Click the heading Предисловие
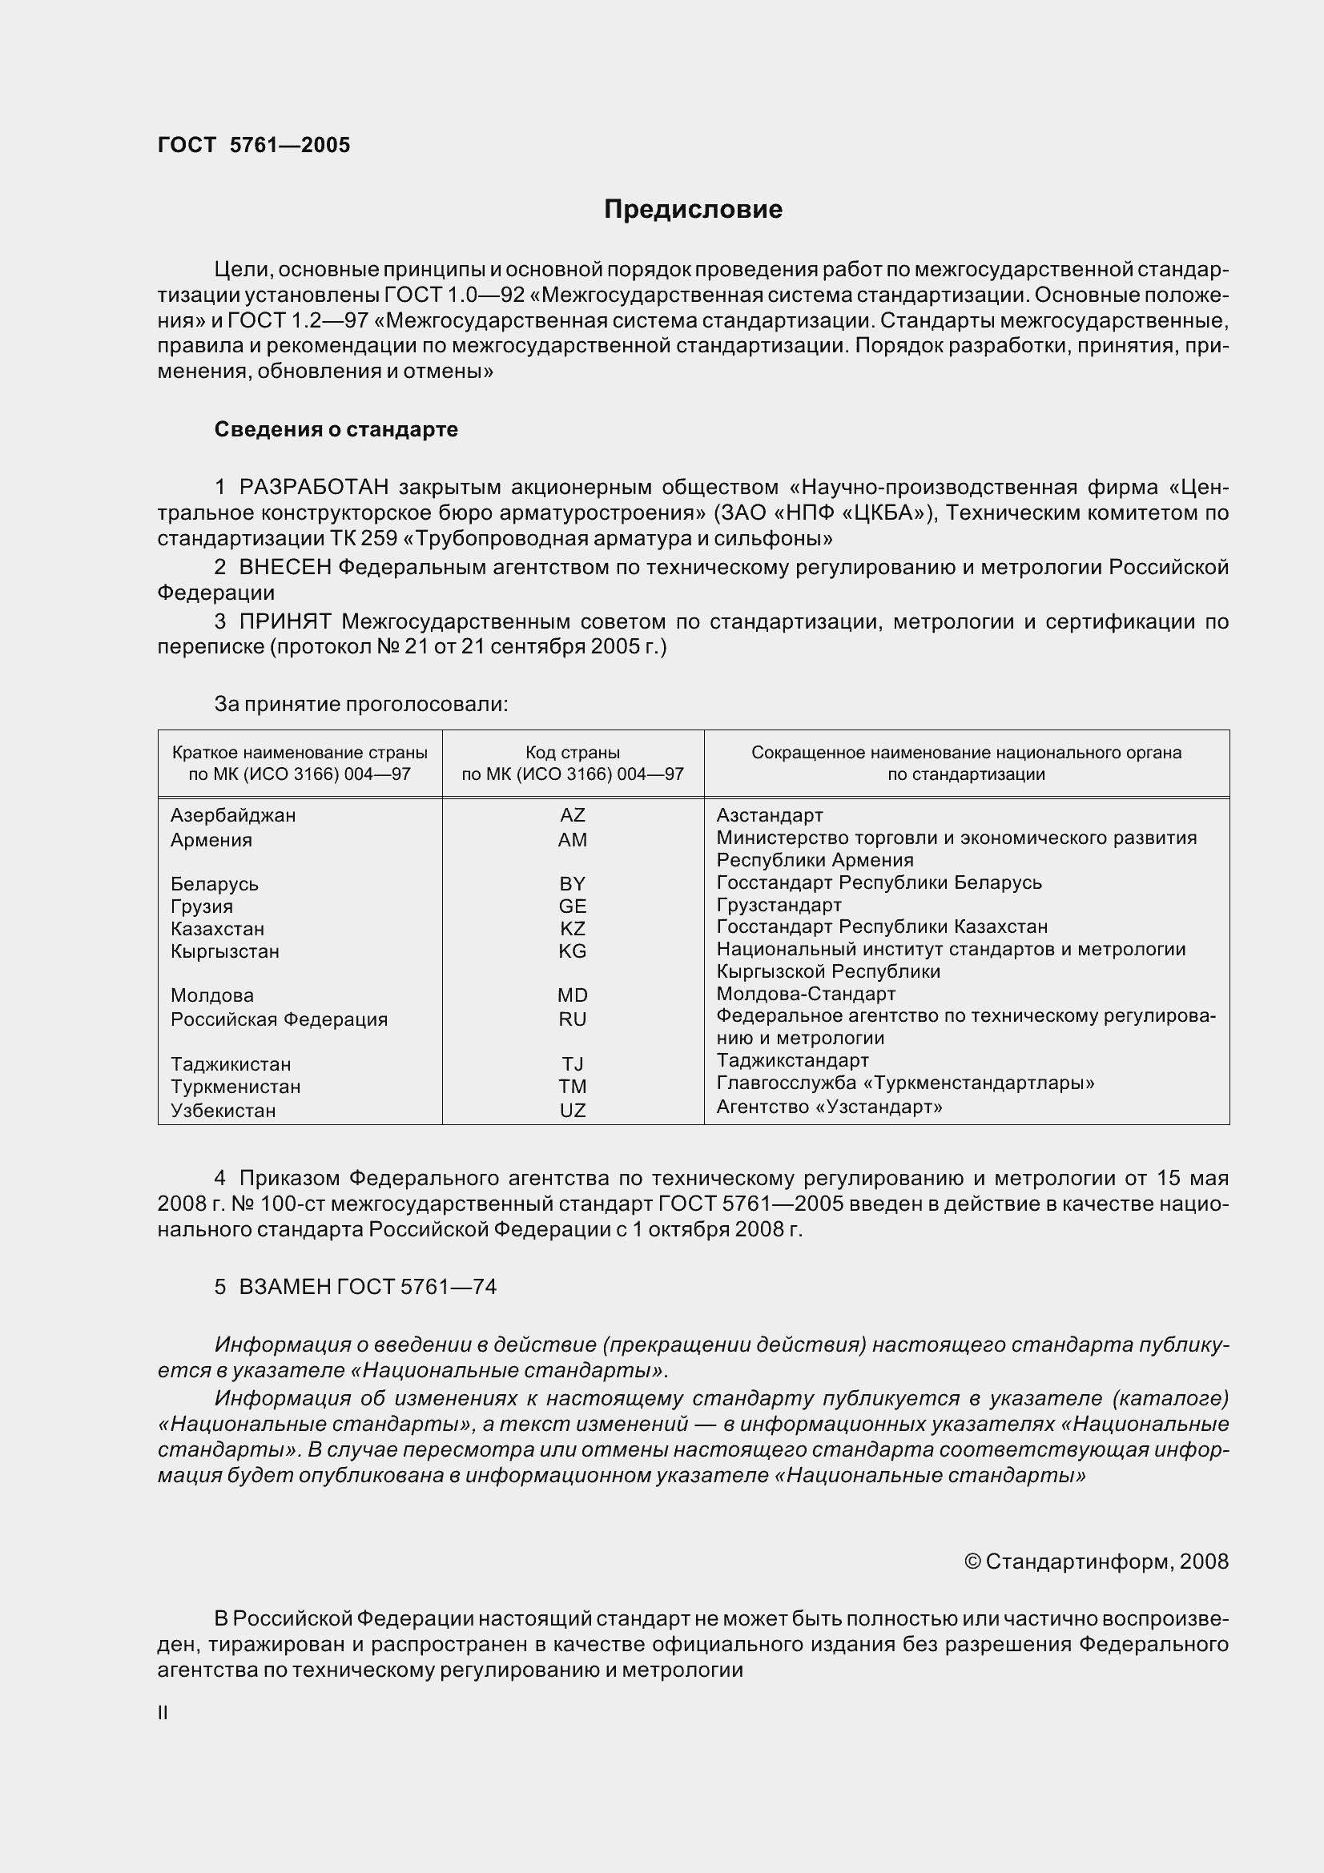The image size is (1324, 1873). click(693, 210)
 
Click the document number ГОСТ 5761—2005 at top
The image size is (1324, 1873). click(254, 145)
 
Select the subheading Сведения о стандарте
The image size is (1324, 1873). click(336, 429)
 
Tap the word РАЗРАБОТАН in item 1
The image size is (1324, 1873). click(313, 487)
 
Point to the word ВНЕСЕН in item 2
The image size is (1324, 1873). click(284, 567)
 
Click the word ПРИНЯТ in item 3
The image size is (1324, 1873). click(284, 621)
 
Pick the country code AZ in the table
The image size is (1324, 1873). click(572, 815)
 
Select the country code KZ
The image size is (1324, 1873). click(572, 928)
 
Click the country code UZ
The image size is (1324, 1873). click(572, 1110)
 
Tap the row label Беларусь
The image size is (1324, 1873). click(215, 884)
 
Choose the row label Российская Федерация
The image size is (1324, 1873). click(279, 1019)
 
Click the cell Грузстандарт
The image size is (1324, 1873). click(779, 905)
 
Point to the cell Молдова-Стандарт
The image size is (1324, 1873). click(805, 994)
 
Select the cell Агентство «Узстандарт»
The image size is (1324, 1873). click(829, 1107)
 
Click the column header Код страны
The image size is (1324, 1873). click(572, 752)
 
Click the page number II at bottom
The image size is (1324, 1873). click(163, 1713)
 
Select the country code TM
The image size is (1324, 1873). click(572, 1087)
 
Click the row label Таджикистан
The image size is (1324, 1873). click(230, 1064)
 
